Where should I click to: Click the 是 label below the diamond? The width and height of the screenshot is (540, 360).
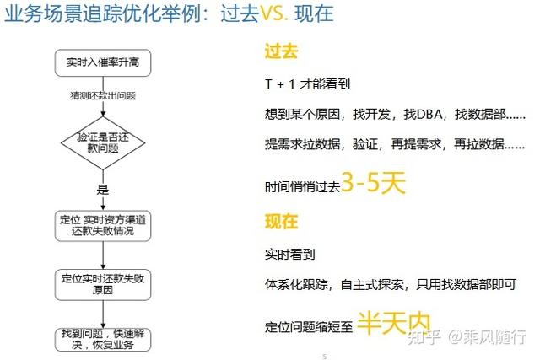point(103,190)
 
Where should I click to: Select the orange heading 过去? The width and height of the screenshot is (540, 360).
point(282,52)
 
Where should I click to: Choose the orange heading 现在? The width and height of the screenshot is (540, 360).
point(282,222)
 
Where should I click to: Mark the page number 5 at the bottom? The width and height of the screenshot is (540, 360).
point(323,356)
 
